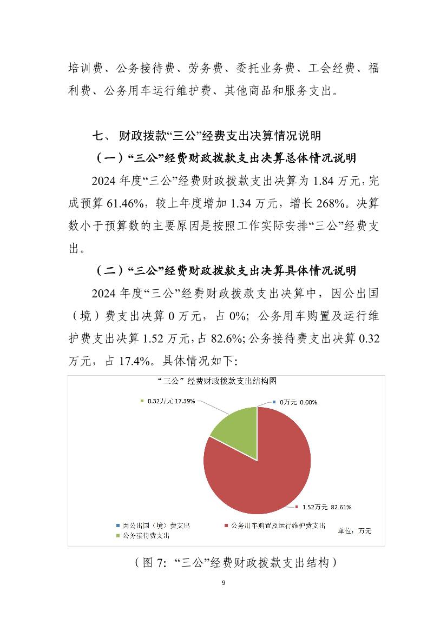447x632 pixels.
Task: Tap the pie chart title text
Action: pos(212,381)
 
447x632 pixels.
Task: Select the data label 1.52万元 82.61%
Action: pos(327,507)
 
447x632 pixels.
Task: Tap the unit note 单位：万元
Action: pos(354,530)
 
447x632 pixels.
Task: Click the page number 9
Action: pos(223,583)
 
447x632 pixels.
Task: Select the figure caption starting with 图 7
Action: pos(236,563)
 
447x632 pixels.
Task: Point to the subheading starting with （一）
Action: pos(226,158)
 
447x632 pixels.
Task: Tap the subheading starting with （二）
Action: pos(226,270)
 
